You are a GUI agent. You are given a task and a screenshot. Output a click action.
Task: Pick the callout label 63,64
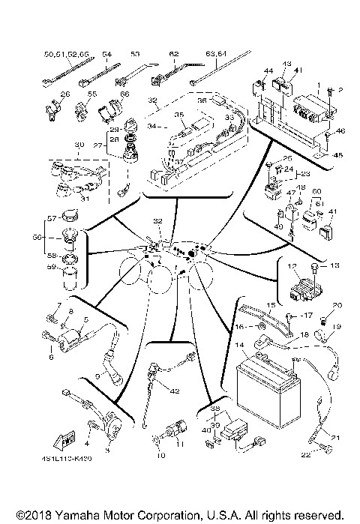(216, 54)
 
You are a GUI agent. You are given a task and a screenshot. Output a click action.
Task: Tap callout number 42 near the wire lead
(175, 391)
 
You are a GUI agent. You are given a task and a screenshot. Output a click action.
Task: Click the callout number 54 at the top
(106, 54)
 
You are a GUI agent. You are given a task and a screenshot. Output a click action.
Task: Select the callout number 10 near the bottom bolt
(160, 454)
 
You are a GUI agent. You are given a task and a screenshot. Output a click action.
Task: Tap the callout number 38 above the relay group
(216, 410)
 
